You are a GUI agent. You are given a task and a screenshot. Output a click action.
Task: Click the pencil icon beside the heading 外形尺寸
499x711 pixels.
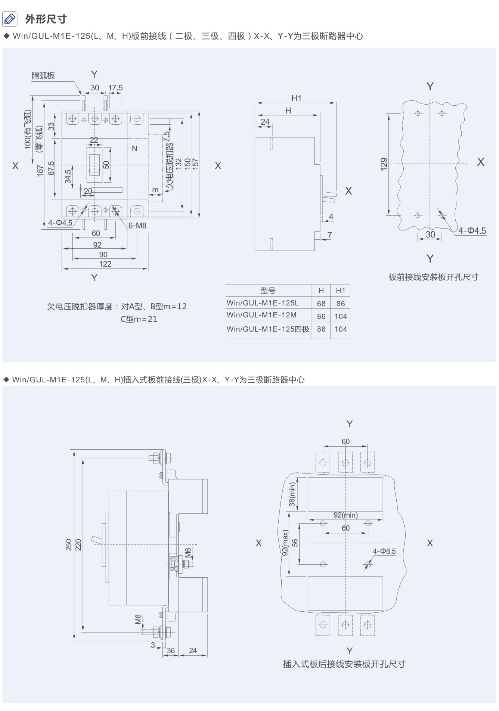point(10,19)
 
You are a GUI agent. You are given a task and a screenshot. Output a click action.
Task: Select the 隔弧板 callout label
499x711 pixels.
point(43,75)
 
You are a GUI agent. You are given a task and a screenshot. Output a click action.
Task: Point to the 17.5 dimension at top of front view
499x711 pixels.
point(115,88)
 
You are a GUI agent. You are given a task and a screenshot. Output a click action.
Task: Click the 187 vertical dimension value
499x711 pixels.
point(40,170)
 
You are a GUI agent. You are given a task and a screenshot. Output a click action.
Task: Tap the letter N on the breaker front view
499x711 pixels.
point(134,149)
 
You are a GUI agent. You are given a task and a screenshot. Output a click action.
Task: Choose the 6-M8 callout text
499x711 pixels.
point(137,226)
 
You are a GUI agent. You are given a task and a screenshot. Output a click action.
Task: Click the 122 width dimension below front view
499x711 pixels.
point(105,264)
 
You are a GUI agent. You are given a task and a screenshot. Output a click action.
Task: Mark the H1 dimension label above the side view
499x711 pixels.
point(297,98)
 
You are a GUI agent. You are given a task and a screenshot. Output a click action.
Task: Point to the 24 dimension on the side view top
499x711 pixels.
point(265,122)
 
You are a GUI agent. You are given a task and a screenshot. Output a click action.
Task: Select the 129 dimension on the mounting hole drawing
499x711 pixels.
point(384,164)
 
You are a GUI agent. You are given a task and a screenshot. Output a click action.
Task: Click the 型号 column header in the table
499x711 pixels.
point(268,291)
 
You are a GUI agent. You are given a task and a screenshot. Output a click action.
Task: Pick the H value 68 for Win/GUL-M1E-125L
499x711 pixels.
point(321,304)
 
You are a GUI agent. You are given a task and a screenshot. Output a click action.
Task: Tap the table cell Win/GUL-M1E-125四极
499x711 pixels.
point(268,329)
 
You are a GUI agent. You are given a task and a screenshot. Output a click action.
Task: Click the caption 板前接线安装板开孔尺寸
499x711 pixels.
point(433,277)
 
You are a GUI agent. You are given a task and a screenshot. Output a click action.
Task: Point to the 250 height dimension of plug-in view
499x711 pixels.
point(69,545)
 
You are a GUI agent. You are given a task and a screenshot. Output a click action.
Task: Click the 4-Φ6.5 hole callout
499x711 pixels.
point(384,551)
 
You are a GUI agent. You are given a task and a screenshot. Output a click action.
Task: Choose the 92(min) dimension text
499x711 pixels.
point(345,515)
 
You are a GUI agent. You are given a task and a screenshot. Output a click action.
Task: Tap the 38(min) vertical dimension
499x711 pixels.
point(292,494)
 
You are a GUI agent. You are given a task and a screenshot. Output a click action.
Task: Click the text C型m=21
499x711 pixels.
point(139,319)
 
